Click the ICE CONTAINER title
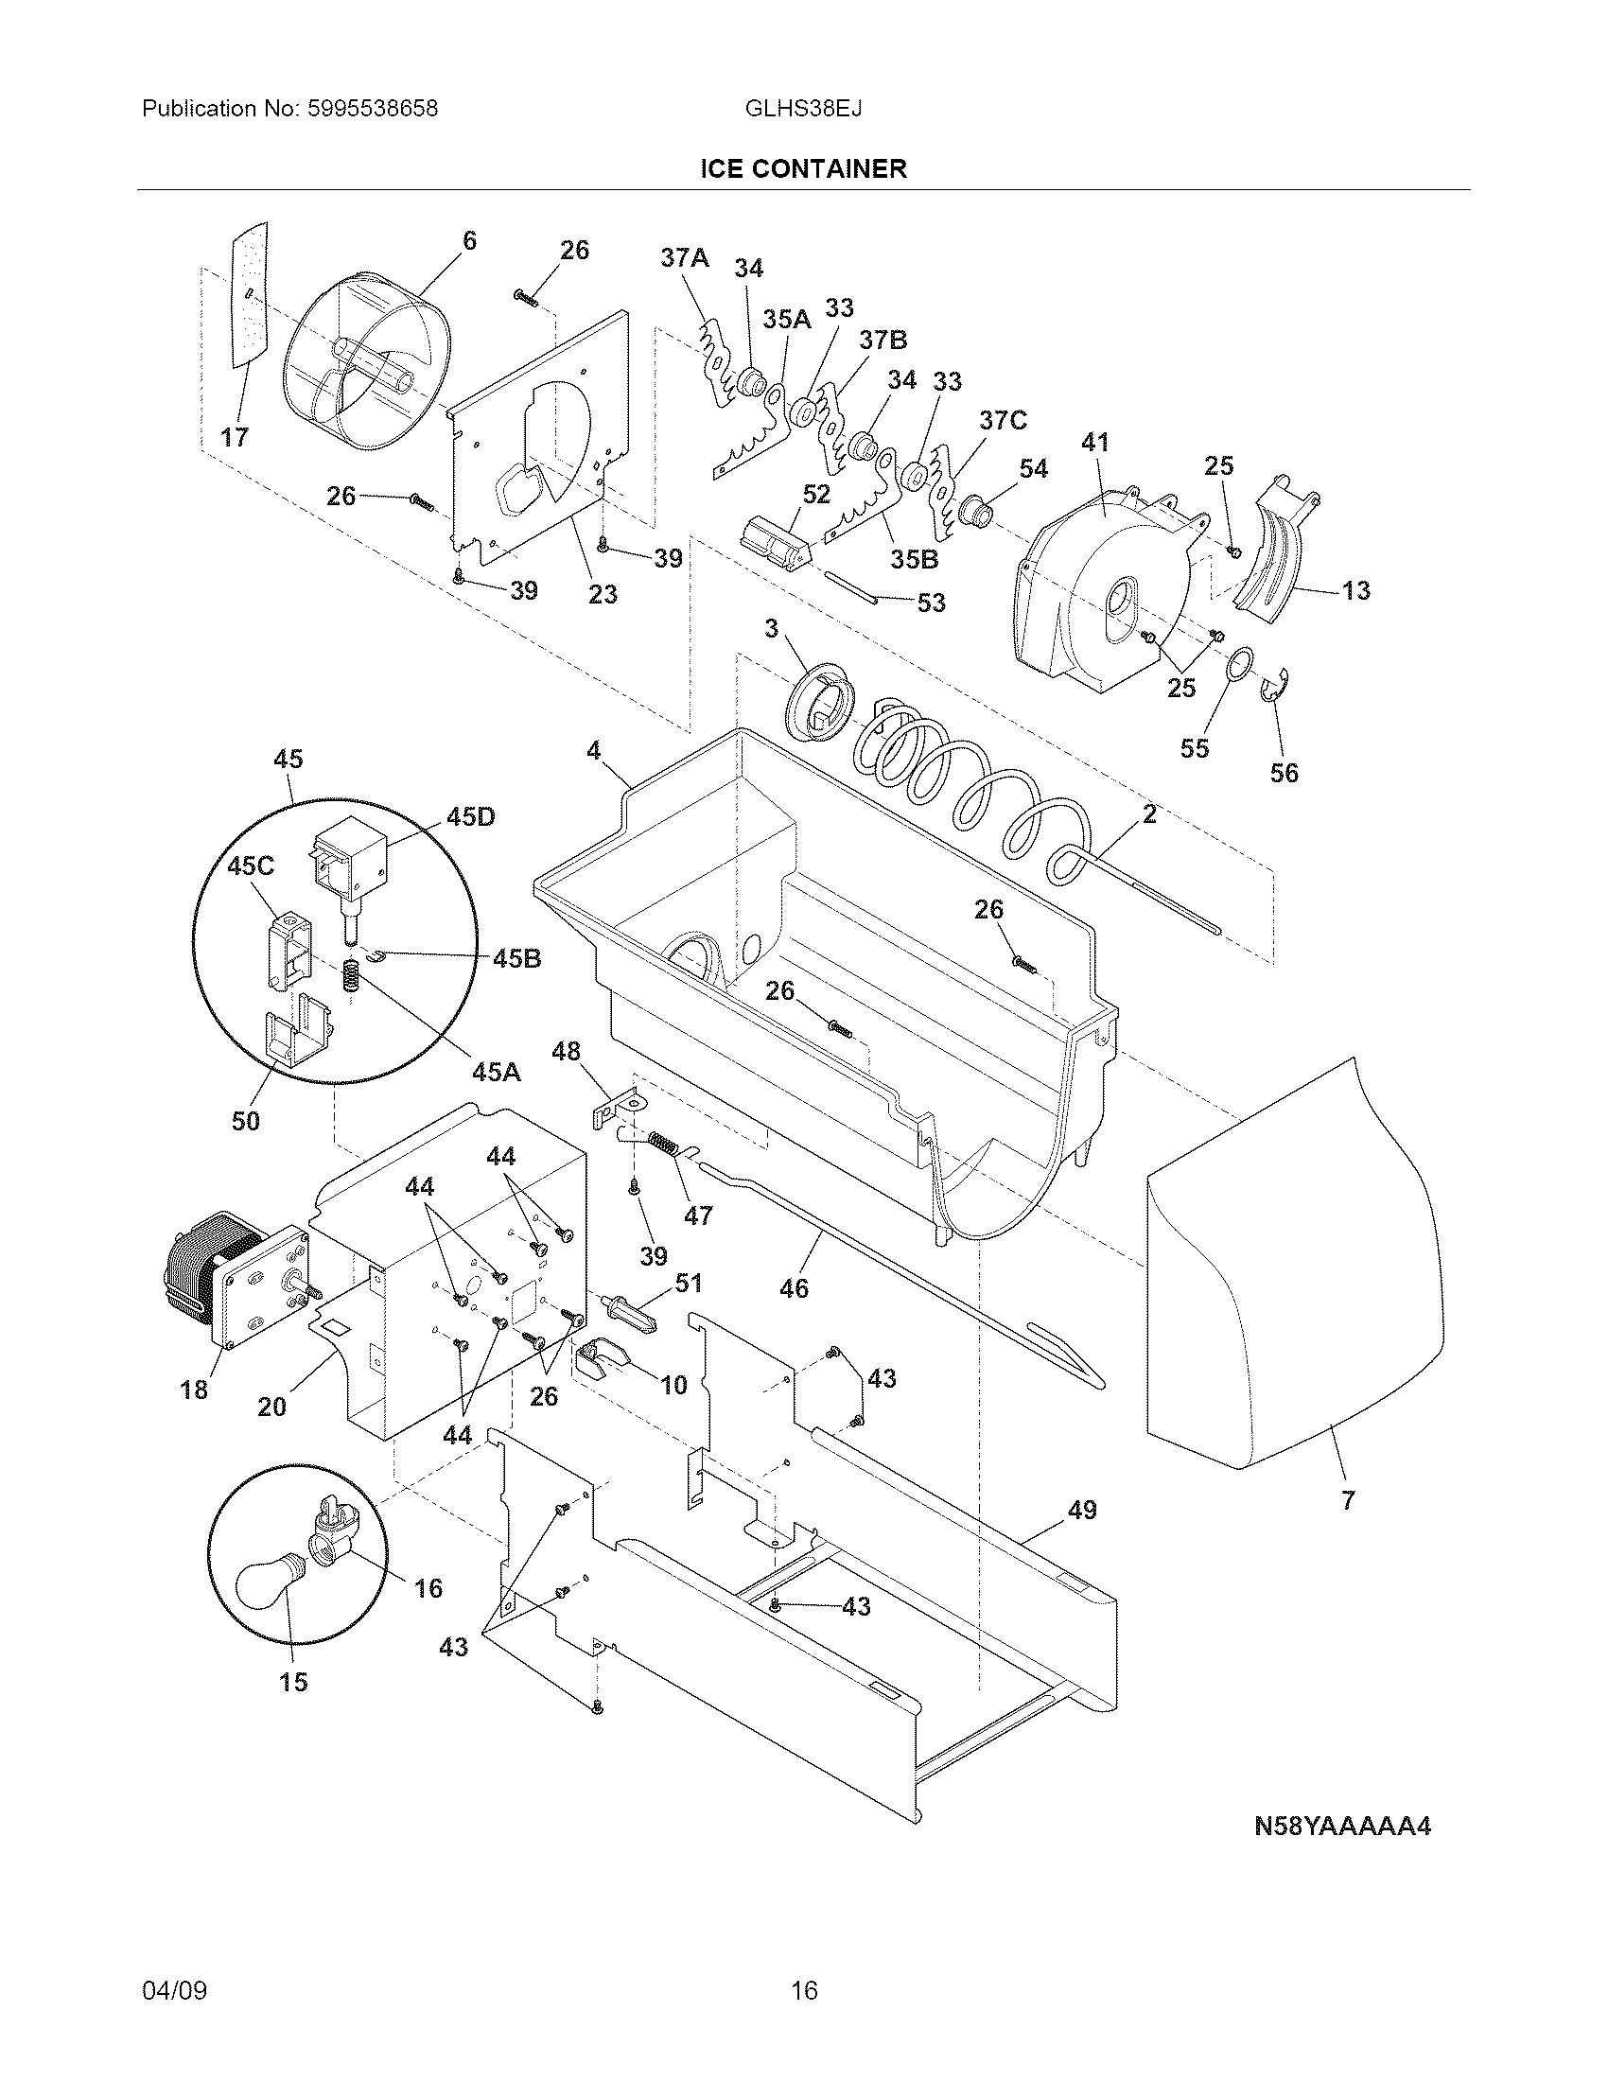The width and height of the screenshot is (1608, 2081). [803, 169]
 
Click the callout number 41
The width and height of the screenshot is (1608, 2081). [1095, 443]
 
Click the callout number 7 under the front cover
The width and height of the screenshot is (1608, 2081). [1347, 1501]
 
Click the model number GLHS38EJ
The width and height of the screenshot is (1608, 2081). [803, 109]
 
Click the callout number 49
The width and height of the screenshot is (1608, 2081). [1081, 1510]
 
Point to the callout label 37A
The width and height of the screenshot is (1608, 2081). [685, 257]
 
